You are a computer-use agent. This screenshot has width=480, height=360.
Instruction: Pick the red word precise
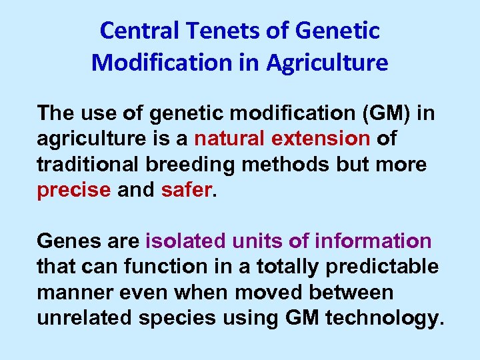74,190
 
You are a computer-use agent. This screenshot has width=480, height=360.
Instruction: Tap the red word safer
186,190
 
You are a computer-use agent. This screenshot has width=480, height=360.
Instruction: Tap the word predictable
383,267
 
